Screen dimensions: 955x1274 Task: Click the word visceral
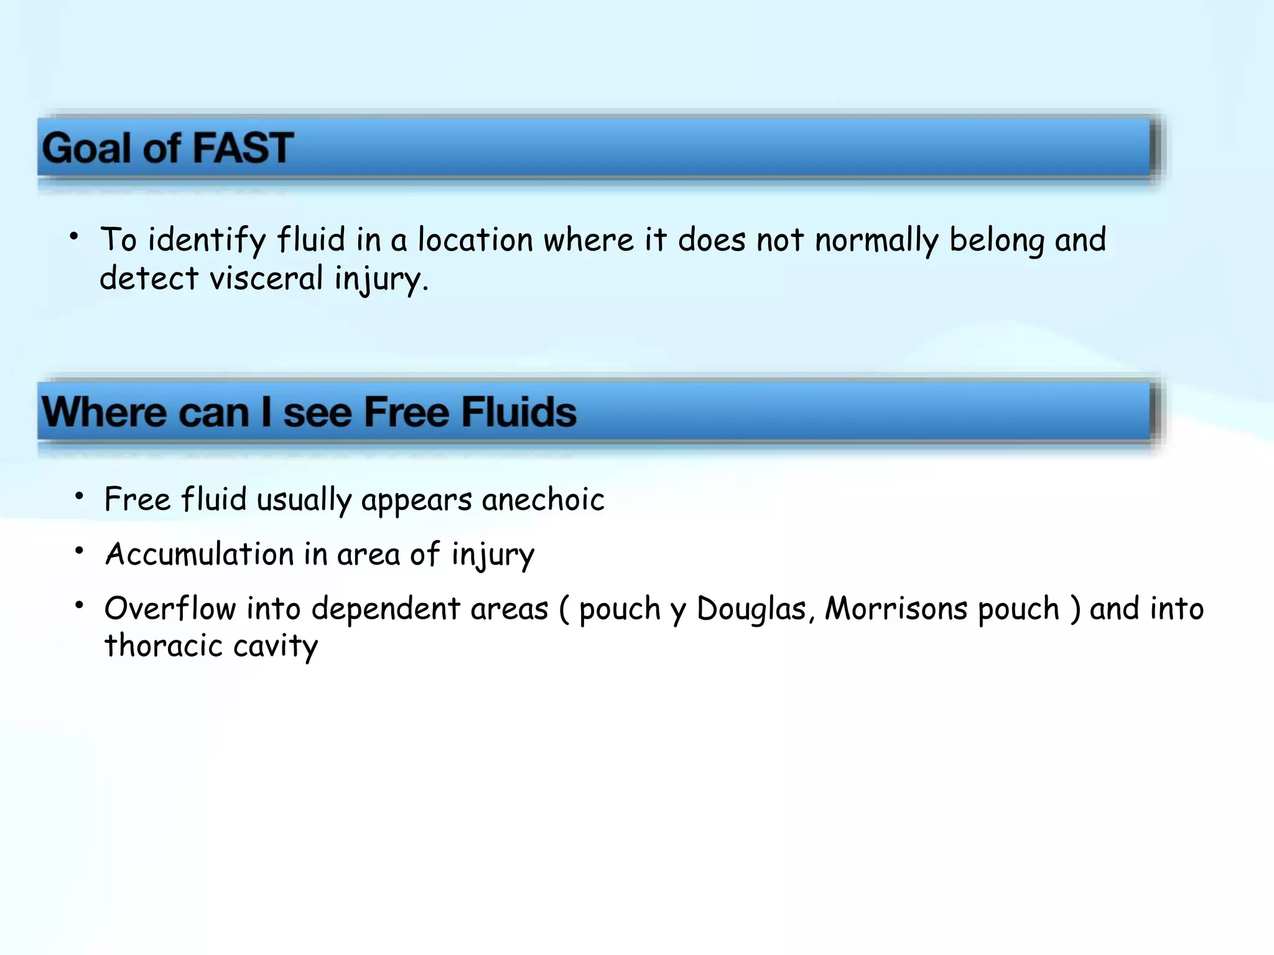coord(266,279)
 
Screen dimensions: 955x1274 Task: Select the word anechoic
coord(542,500)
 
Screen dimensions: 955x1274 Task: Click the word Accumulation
coord(199,554)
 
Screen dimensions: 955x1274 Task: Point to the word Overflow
coord(170,608)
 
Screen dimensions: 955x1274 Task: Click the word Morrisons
coord(896,608)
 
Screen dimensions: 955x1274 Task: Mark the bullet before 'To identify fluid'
coord(75,236)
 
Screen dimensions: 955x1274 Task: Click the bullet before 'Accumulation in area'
coord(79,550)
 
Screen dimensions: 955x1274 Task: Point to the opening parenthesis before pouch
coord(564,609)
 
